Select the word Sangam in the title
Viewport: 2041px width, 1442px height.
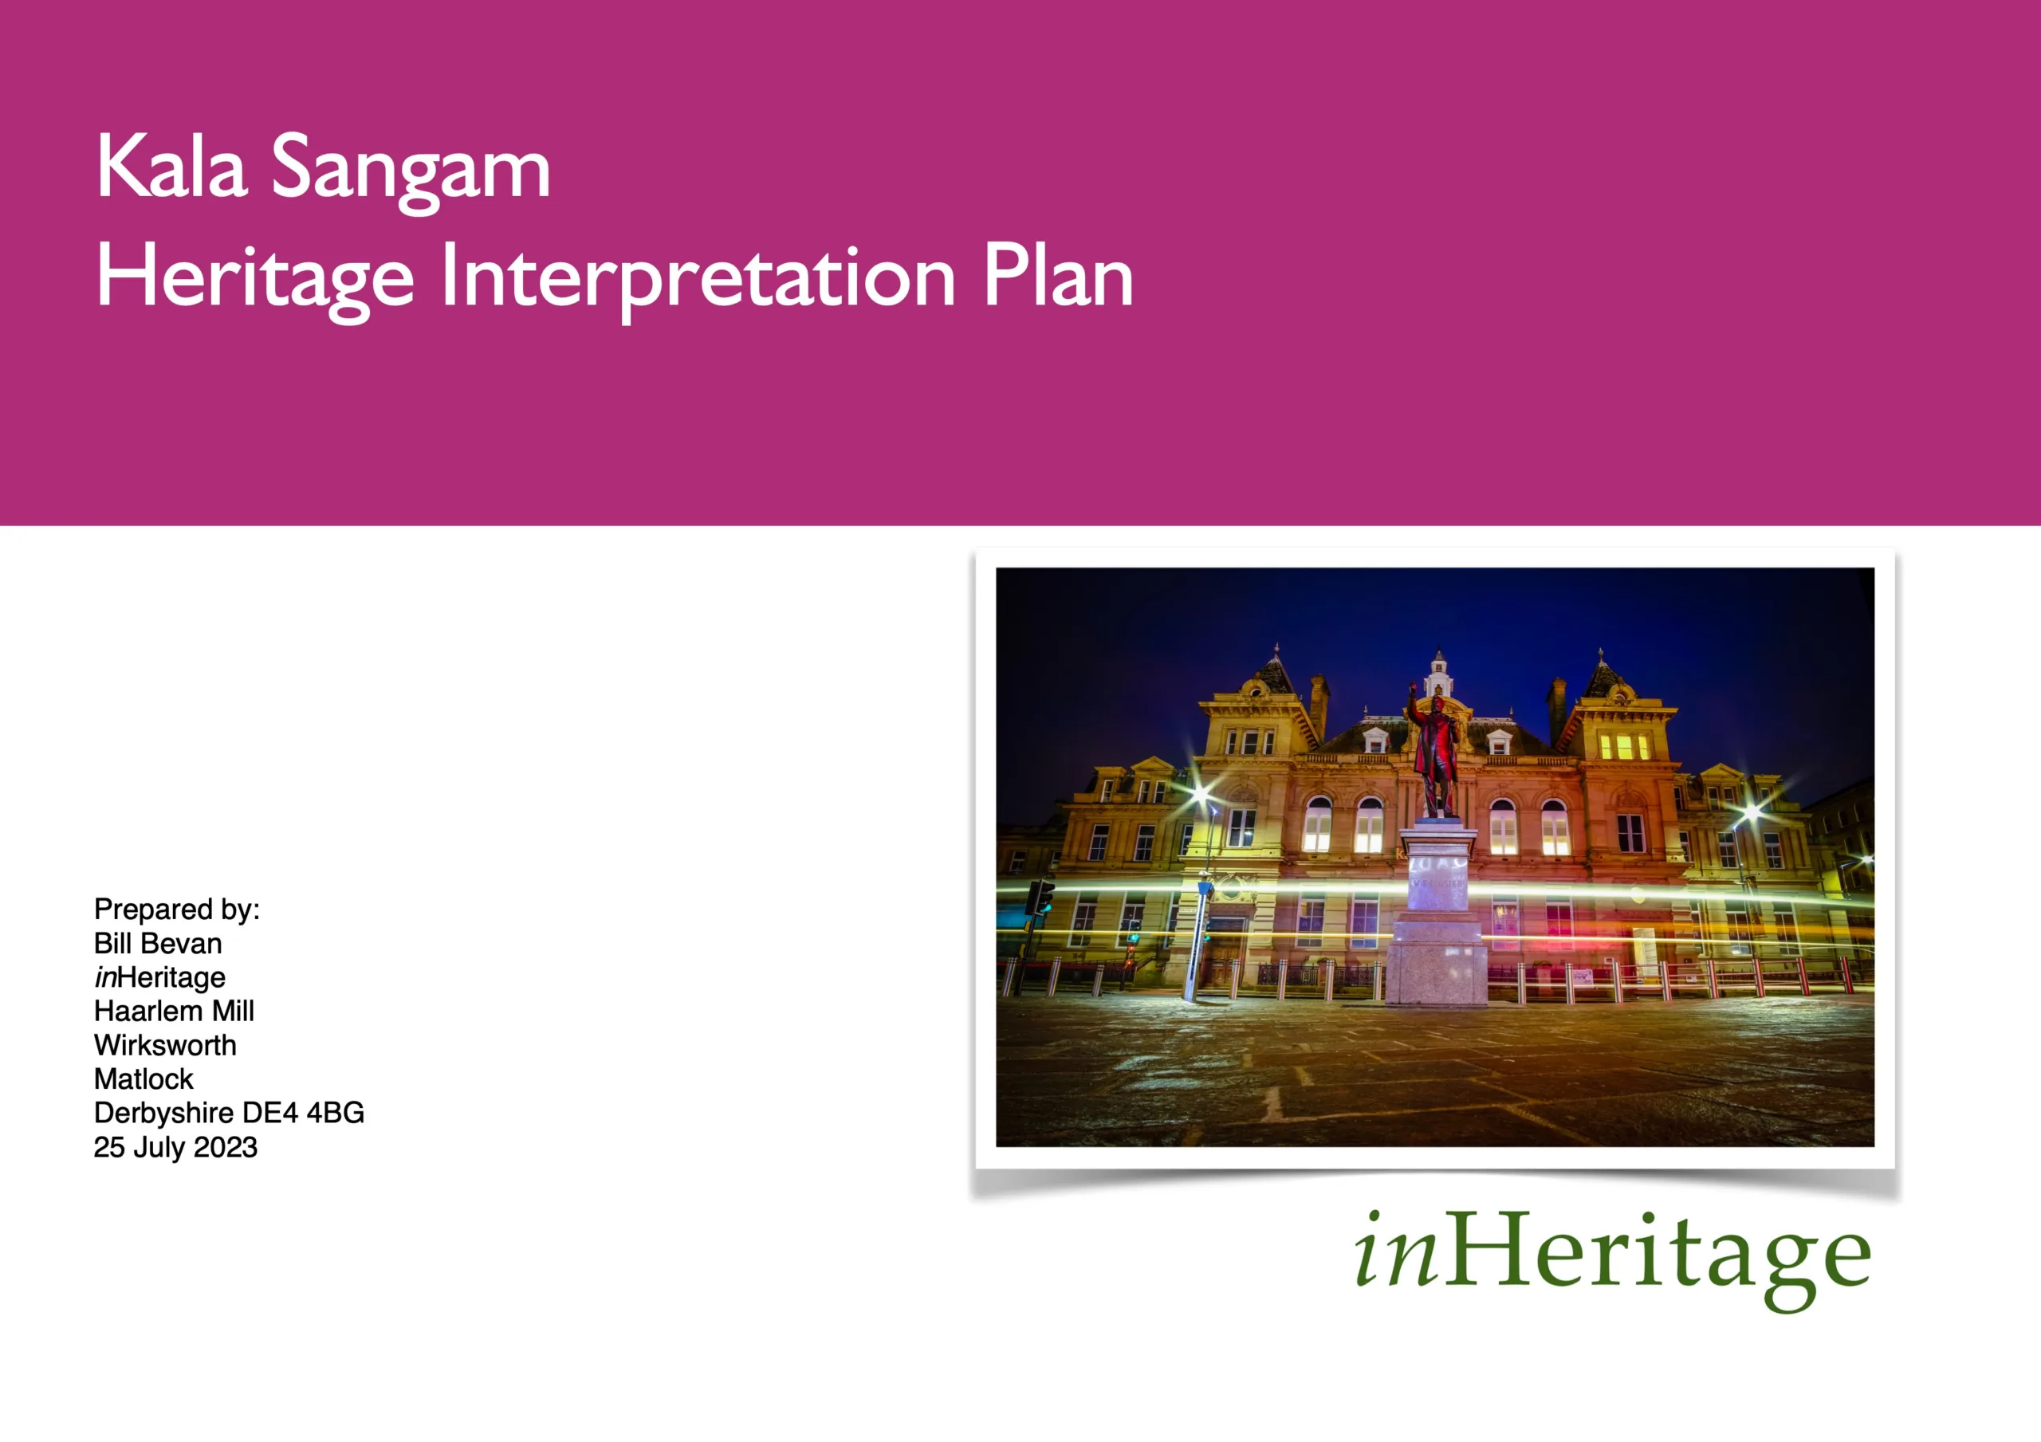[411, 172]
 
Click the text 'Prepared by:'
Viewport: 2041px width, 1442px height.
[177, 910]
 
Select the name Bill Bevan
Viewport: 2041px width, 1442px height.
[158, 942]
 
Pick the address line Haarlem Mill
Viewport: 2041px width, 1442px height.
[175, 1011]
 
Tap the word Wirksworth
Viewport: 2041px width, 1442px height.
[165, 1044]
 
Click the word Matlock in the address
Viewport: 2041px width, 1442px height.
[144, 1079]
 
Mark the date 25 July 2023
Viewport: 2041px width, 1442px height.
[176, 1147]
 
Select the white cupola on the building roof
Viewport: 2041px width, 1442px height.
[1438, 673]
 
